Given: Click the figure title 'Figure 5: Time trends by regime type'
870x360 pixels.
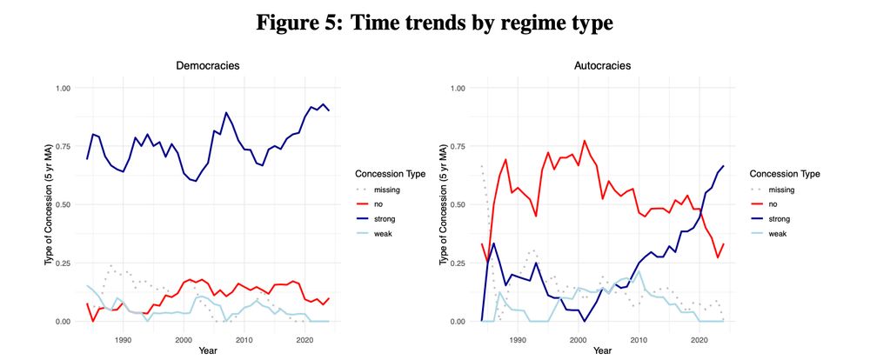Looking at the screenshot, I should pyautogui.click(x=434, y=22).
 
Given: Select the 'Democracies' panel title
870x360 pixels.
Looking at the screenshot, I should pyautogui.click(x=208, y=65).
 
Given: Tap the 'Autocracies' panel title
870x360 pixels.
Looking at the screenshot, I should pyautogui.click(x=601, y=65).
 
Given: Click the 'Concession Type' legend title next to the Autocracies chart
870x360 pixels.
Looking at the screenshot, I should pyautogui.click(x=784, y=173).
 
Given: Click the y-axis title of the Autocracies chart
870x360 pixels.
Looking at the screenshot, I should pyautogui.click(x=439, y=204).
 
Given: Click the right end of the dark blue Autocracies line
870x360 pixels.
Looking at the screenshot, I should pyautogui.click(x=723, y=166).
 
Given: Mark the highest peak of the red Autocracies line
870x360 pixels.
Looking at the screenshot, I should pyautogui.click(x=584, y=141).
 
